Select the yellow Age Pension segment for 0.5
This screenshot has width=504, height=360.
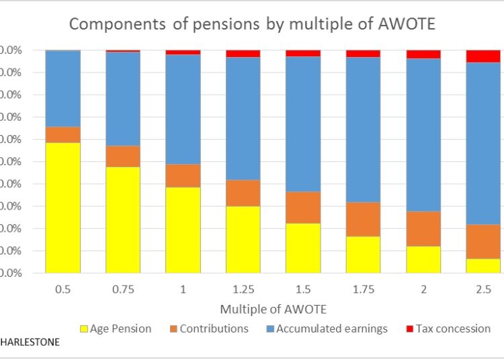[x=63, y=208]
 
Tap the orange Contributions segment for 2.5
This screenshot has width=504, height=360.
[x=483, y=241]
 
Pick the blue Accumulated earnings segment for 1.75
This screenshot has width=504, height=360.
[x=363, y=129]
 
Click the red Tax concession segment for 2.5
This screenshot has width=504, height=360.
[x=483, y=56]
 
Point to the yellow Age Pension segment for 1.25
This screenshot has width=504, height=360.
[x=243, y=239]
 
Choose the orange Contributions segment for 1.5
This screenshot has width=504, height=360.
[x=303, y=207]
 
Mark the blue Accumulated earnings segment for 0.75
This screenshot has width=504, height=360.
[x=123, y=98]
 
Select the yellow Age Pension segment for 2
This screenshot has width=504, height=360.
[x=423, y=259]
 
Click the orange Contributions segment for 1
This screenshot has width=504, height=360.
[x=183, y=175]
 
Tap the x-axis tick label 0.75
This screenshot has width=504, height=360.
[x=123, y=289]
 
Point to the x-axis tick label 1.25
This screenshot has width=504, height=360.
[x=243, y=289]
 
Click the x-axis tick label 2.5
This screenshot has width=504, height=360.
[x=483, y=289]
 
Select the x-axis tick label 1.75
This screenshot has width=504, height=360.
[x=363, y=289]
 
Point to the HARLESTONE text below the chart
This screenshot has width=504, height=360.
[x=30, y=342]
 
